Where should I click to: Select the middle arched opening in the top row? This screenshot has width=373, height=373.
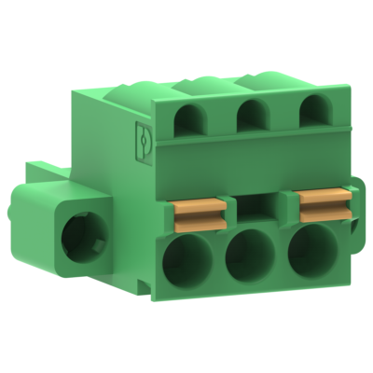pos(249,117)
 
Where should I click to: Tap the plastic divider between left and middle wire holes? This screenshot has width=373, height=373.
pos(217,262)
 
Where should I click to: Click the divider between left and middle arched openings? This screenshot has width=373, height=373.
pos(222,118)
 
